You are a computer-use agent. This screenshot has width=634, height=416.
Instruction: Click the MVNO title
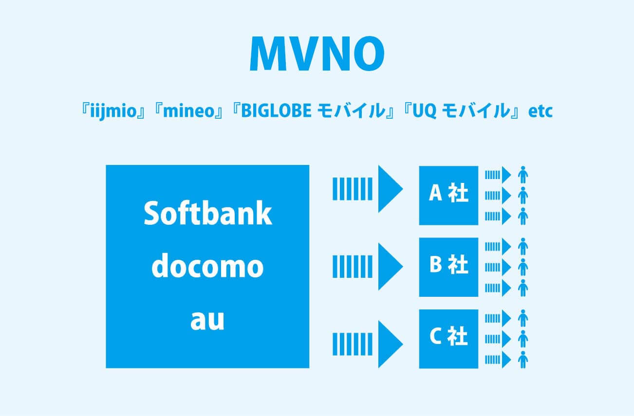click(x=317, y=54)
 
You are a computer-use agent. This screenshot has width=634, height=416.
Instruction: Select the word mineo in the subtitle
click(x=189, y=111)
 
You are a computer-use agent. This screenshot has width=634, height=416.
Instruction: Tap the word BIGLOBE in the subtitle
click(x=276, y=110)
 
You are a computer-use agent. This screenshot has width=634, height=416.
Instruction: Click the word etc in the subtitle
click(x=541, y=111)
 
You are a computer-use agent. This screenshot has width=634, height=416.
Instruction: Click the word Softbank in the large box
click(x=208, y=213)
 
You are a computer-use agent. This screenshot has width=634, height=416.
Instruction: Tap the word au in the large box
click(x=207, y=320)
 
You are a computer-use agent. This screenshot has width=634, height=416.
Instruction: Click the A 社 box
click(x=448, y=196)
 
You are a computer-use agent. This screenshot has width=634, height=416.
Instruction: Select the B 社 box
click(x=448, y=267)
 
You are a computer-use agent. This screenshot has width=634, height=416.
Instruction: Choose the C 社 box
click(x=448, y=339)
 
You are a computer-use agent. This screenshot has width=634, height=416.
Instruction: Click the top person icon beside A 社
click(x=523, y=175)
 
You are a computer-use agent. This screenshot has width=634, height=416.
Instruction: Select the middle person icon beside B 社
click(x=523, y=267)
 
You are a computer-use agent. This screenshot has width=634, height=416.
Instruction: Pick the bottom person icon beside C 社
click(x=523, y=360)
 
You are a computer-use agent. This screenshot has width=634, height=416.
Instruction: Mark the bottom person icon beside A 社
click(x=523, y=217)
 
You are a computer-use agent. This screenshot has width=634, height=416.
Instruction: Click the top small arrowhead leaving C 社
click(x=506, y=318)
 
